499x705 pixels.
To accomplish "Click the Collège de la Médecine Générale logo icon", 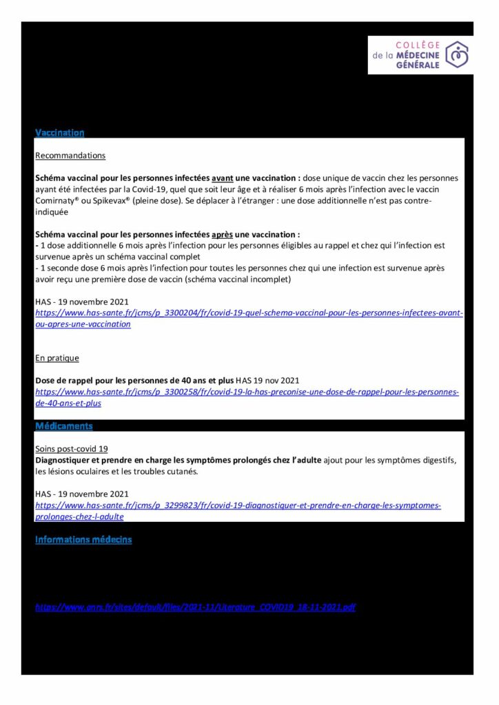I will (x=456, y=54).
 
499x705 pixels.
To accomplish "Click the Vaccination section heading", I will (x=59, y=132).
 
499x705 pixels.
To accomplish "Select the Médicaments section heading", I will (x=63, y=426).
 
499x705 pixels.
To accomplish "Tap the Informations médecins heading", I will (x=83, y=540).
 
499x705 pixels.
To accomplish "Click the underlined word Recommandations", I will (x=70, y=156).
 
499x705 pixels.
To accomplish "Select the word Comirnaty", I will (x=58, y=200).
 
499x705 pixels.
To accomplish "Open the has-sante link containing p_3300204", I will (x=248, y=313).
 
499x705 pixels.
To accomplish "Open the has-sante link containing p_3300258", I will (x=247, y=392).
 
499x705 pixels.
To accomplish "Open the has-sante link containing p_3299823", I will (x=238, y=505).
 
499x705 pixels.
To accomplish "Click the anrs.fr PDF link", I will (x=195, y=607).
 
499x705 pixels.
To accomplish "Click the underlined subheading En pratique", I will (x=57, y=358).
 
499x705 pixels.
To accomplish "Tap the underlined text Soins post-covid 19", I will (x=72, y=448).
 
